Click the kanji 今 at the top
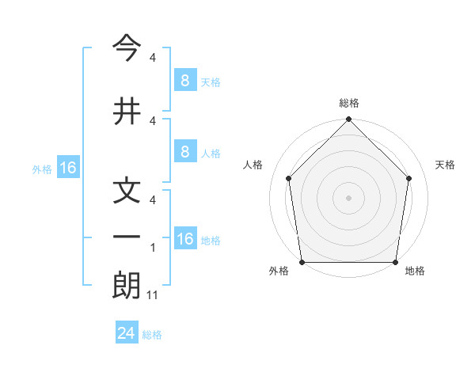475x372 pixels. [x=127, y=48]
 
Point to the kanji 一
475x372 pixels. [x=127, y=237]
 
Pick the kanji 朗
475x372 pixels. [x=127, y=287]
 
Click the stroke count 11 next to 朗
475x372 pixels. [x=153, y=295]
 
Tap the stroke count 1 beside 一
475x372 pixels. [x=153, y=249]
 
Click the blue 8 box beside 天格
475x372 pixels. [x=184, y=80]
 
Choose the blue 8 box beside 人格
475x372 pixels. [x=184, y=152]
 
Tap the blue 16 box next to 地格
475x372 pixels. [x=184, y=239]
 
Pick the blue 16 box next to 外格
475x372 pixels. [x=68, y=168]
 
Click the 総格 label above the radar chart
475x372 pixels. [x=349, y=103]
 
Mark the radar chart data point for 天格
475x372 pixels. [x=409, y=178]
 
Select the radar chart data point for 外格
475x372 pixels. [x=302, y=262]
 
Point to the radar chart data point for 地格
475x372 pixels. [x=395, y=262]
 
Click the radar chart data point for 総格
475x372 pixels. [x=348, y=120]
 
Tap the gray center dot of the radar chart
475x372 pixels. [x=348, y=197]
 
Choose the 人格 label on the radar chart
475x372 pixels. [x=253, y=165]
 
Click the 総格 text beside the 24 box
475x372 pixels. [x=152, y=335]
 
